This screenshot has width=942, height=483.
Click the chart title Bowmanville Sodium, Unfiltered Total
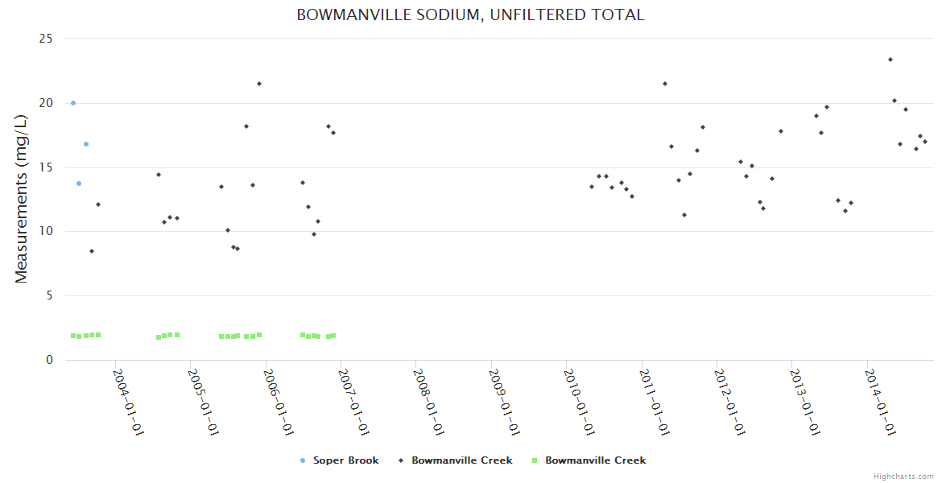point(470,14)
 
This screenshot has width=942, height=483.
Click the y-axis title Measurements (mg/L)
point(22,199)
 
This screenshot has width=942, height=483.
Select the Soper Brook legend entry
point(340,460)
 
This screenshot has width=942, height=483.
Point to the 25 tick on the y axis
point(47,39)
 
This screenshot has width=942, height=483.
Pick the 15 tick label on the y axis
point(47,167)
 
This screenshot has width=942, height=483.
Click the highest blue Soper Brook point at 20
point(73,103)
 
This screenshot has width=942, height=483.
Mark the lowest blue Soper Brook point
point(79,184)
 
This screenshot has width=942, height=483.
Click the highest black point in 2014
point(890,60)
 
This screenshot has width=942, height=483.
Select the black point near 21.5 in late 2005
point(259,84)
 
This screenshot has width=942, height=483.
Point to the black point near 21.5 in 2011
point(665,84)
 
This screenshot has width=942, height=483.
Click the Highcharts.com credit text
point(903,477)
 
